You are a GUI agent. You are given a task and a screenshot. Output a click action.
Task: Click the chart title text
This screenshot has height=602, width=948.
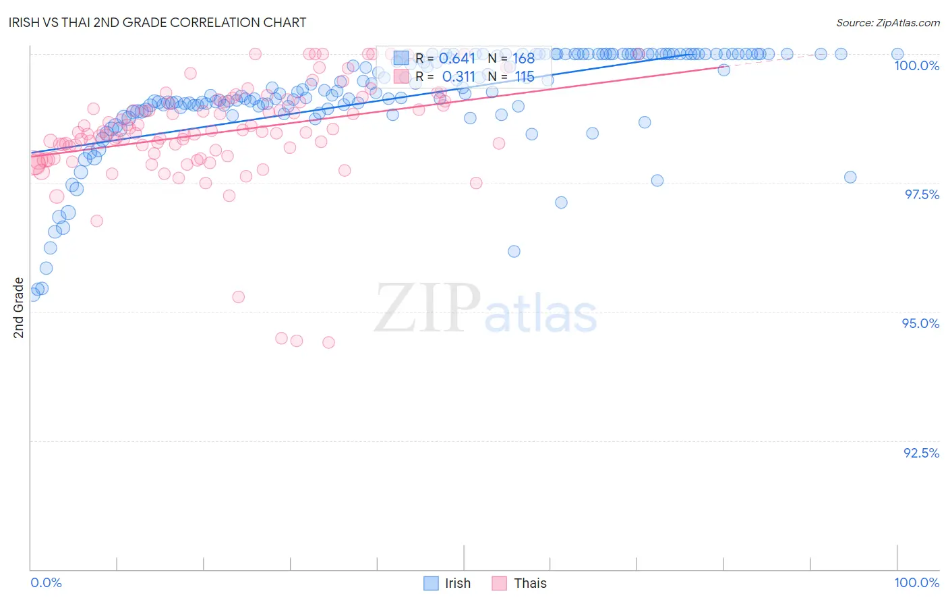coord(159,22)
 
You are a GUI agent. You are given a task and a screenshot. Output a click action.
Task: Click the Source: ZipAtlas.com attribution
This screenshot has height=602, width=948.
coord(887,23)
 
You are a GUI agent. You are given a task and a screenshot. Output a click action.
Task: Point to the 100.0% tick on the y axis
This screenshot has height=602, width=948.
coord(916,65)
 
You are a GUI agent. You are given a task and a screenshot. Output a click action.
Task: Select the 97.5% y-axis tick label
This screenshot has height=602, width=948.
coord(921,194)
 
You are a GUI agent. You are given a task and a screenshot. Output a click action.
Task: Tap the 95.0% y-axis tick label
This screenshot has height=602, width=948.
coord(920,323)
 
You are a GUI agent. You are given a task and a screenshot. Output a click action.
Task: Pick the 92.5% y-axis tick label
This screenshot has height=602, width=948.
coord(921,453)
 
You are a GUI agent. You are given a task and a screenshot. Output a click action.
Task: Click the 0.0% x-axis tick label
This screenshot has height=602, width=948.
coord(46,582)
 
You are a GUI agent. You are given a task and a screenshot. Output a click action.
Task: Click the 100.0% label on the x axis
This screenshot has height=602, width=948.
coord(916,582)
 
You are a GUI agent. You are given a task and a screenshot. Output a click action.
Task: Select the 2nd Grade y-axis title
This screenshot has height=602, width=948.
coord(19,308)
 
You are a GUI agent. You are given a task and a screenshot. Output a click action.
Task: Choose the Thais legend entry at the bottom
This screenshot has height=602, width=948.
coord(519,583)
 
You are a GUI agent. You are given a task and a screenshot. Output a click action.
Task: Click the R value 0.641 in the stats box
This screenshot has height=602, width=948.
coord(457,59)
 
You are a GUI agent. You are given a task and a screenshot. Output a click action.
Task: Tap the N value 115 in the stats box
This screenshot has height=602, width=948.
coord(525,77)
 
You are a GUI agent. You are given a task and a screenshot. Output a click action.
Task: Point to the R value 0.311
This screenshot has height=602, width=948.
coord(458,77)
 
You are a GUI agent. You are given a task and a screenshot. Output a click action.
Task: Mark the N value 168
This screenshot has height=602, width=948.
coord(523,59)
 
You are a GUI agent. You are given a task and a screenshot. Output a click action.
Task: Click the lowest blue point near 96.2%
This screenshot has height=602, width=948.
coord(514,251)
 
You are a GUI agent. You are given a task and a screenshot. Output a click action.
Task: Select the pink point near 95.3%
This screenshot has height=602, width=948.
coord(238,297)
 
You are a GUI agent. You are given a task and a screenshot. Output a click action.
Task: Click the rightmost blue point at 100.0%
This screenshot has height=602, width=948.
coord(897,54)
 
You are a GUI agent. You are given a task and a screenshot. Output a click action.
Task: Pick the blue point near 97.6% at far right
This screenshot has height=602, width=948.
coord(850,177)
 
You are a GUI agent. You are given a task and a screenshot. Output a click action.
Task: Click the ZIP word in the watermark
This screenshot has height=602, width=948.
coord(427,308)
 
